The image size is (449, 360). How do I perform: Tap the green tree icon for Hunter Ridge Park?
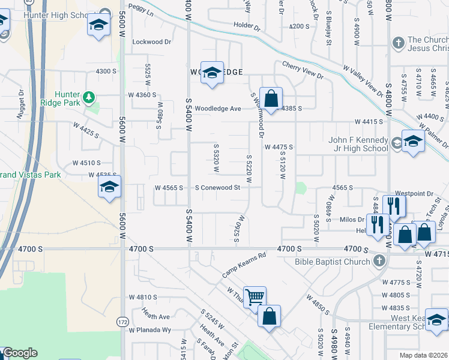[x=89, y=97]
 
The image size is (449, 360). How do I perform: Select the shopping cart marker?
[x=255, y=297]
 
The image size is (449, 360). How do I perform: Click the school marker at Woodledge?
[x=211, y=73]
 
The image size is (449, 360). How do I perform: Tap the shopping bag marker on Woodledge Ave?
[x=271, y=98]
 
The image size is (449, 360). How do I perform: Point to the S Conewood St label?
[x=218, y=187]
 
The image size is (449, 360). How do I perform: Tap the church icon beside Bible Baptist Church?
[x=378, y=261]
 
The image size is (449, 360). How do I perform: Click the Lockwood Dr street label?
[x=152, y=42]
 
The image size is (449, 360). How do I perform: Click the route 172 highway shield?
[x=122, y=322]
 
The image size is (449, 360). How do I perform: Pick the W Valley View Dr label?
[x=361, y=80]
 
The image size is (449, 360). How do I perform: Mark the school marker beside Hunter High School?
[x=97, y=25]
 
